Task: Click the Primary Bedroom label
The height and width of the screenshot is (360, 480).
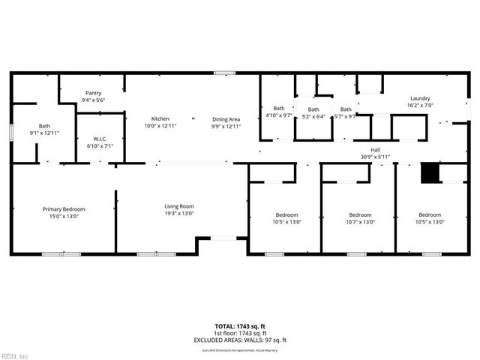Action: pyautogui.click(x=64, y=209)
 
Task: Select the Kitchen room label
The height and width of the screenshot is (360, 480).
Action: pyautogui.click(x=160, y=118)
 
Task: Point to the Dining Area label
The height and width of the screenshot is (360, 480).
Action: pyautogui.click(x=226, y=119)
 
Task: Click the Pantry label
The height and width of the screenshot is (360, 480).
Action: pyautogui.click(x=93, y=92)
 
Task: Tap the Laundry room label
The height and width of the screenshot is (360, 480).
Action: pyautogui.click(x=419, y=99)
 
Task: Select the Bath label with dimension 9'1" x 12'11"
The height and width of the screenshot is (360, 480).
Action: pyautogui.click(x=44, y=126)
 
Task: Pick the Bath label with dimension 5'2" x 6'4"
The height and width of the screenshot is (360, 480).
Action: pyautogui.click(x=313, y=109)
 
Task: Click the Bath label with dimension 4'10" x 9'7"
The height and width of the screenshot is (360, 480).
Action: pyautogui.click(x=279, y=108)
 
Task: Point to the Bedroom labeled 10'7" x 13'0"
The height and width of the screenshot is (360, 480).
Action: pyautogui.click(x=359, y=214)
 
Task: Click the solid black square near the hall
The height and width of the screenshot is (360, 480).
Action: pyautogui.click(x=429, y=173)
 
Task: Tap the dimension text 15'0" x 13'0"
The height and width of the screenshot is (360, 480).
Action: pyautogui.click(x=64, y=216)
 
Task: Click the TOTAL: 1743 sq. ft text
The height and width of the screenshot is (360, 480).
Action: pyautogui.click(x=239, y=327)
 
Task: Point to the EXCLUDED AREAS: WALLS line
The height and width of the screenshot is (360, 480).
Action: pyautogui.click(x=239, y=340)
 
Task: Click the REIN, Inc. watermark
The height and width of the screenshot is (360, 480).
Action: pyautogui.click(x=15, y=355)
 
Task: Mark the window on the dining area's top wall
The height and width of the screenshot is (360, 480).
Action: pyautogui.click(x=223, y=73)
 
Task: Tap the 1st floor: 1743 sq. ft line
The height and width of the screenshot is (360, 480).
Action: pyautogui.click(x=239, y=333)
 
